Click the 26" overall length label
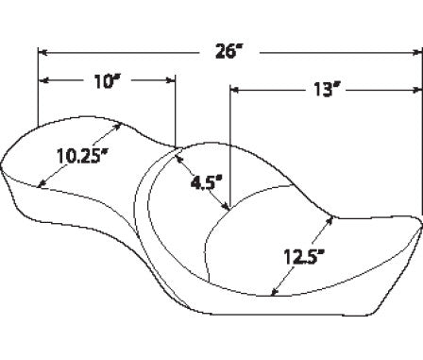click(230, 51)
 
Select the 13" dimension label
click(323, 90)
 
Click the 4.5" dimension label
click(207, 183)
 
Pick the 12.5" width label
click(304, 257)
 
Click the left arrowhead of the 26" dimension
click(42, 52)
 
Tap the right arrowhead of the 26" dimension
click(417, 53)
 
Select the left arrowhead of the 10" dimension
click(43, 80)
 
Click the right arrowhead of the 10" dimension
click(170, 80)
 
